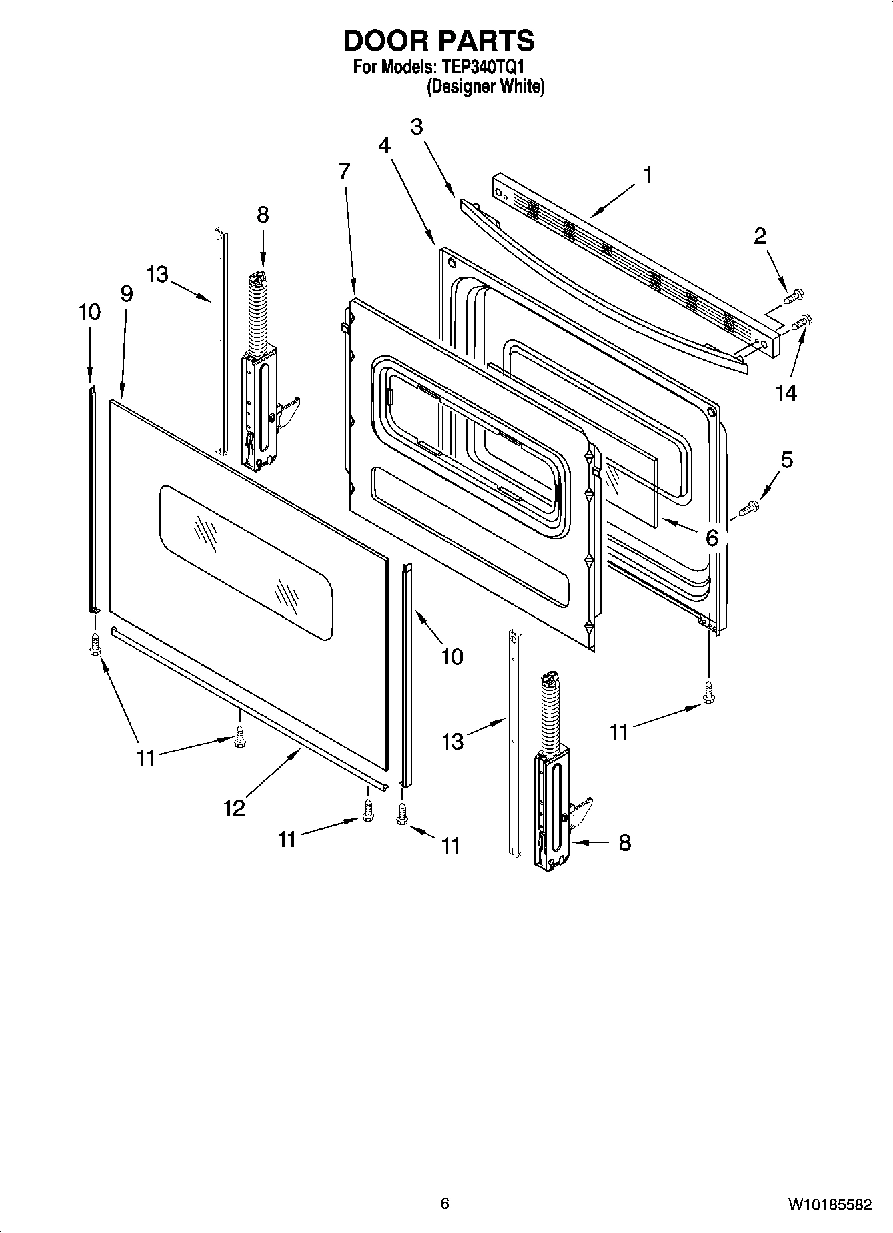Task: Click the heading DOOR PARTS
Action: (x=439, y=41)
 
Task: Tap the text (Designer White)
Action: (x=486, y=86)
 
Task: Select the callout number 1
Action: (x=647, y=175)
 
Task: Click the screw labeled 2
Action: (x=794, y=295)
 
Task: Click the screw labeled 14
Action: (x=801, y=323)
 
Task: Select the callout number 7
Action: (x=343, y=172)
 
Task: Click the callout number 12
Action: (x=235, y=808)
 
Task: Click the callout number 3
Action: (x=417, y=127)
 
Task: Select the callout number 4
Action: (x=385, y=145)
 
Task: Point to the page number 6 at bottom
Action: (x=445, y=1203)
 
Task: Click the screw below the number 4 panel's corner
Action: (x=708, y=692)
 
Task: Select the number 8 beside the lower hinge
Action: (x=624, y=842)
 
